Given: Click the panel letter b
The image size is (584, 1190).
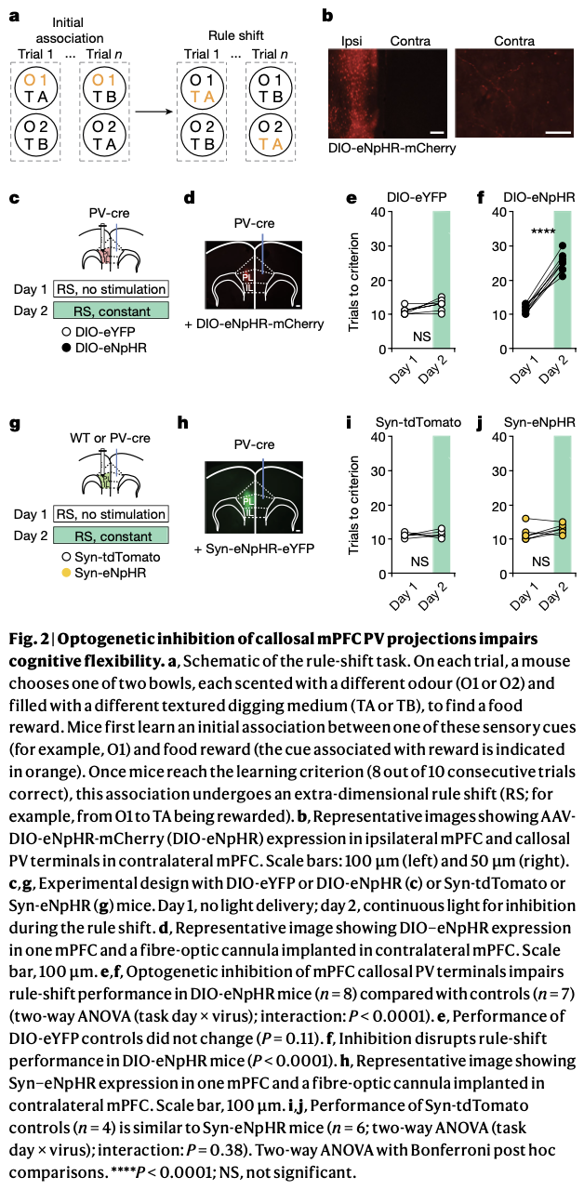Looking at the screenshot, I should (x=326, y=15).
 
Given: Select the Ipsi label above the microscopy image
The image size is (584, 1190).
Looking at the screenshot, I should (x=352, y=41).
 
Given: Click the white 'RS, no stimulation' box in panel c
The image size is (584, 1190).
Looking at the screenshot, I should (x=112, y=289).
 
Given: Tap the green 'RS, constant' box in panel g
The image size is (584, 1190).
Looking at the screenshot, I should (x=112, y=535).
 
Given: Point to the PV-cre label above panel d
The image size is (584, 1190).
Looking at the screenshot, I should (x=253, y=222).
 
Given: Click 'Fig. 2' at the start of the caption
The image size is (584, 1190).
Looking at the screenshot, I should (x=27, y=640).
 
